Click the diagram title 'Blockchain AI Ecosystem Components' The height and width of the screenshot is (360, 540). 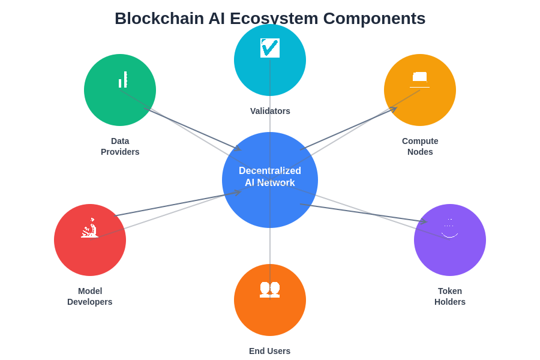(270, 19)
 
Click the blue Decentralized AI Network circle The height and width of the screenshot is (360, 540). (270, 204)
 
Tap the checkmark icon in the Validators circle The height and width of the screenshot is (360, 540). (270, 48)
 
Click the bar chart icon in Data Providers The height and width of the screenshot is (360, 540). (123, 80)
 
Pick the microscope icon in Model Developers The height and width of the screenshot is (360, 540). (90, 228)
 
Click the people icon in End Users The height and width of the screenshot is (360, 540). (270, 289)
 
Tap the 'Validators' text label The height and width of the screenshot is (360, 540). (270, 111)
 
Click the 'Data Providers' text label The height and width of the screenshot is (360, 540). (120, 146)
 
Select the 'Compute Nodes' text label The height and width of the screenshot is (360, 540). (420, 146)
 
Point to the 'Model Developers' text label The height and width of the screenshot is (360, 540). (90, 296)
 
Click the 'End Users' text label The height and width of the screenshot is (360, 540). (269, 351)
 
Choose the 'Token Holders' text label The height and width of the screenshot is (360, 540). (450, 296)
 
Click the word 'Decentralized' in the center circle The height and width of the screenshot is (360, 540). (270, 170)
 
